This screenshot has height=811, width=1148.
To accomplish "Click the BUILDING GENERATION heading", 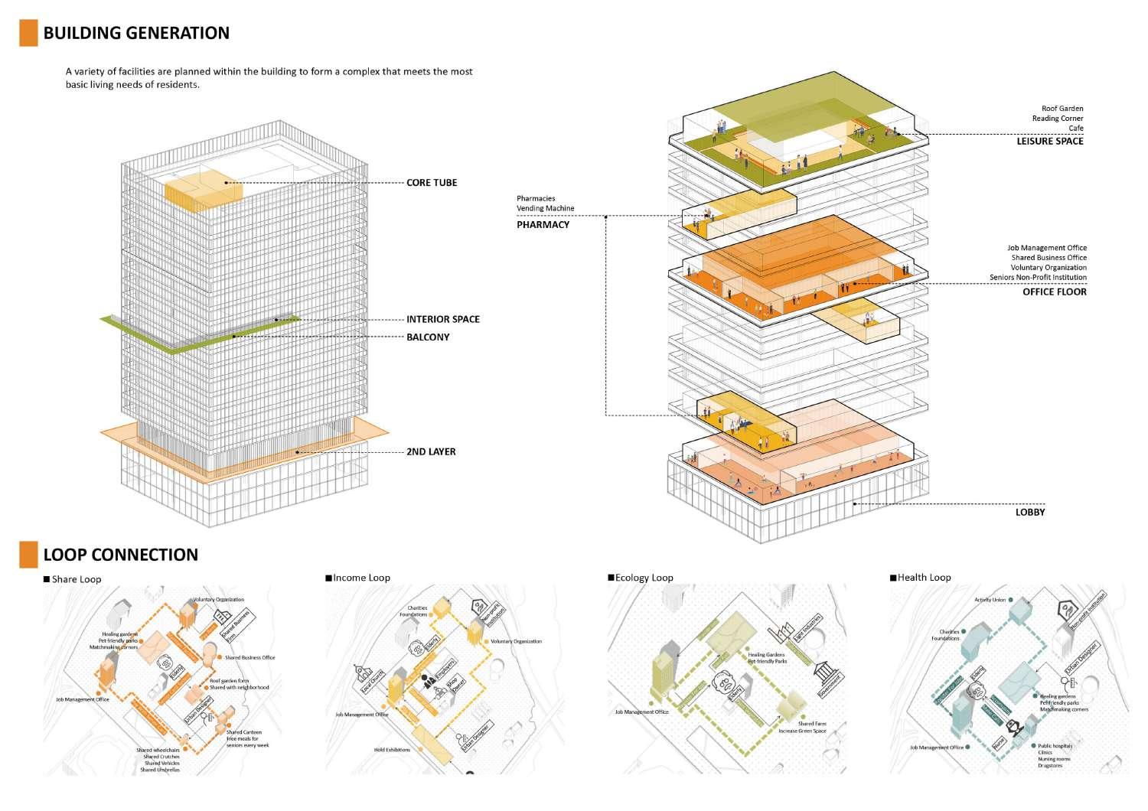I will [x=136, y=33].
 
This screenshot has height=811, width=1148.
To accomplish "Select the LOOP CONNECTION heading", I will [x=120, y=555].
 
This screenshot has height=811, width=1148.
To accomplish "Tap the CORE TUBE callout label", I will [x=432, y=183].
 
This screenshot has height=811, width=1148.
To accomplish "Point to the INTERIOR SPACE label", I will [x=442, y=319].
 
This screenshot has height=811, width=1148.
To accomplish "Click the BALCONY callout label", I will [x=428, y=337].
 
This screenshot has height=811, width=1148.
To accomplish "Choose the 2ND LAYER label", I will [x=431, y=452].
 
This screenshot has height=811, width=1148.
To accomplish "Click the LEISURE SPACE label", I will [x=1049, y=142].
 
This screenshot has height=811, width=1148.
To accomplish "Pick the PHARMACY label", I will [x=543, y=225].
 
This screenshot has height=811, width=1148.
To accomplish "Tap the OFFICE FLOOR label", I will [x=1054, y=292].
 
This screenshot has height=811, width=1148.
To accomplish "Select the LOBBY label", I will [x=1029, y=513].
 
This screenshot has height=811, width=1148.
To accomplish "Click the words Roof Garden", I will [x=1062, y=109].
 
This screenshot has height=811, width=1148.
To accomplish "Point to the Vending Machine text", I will [x=545, y=209].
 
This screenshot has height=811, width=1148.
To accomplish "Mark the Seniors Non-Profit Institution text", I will [x=1038, y=278].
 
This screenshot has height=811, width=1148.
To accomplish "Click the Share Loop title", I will [x=76, y=579].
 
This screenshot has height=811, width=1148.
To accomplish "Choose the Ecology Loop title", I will [x=644, y=578].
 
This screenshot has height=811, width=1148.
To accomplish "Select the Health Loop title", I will [x=924, y=578].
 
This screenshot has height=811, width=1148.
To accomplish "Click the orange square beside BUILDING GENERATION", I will [x=28, y=33].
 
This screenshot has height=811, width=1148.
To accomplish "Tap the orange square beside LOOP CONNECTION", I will [x=28, y=555].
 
